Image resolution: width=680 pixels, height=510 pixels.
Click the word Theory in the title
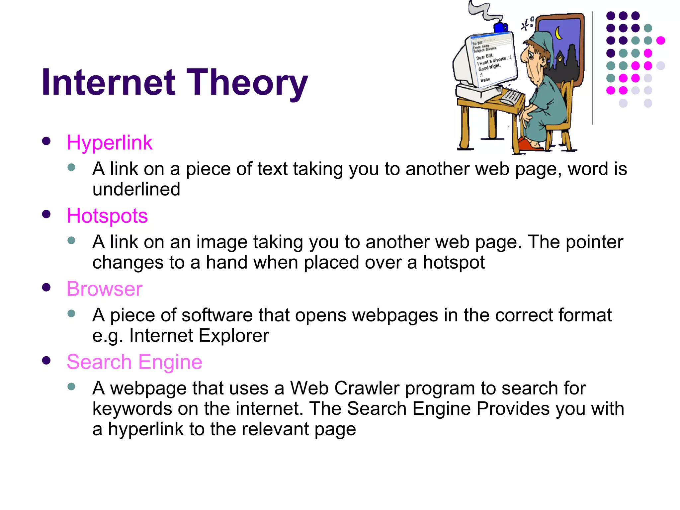pyautogui.click(x=247, y=82)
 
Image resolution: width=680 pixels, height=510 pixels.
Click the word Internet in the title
pyautogui.click(x=108, y=82)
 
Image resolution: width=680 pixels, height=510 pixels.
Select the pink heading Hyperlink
pyautogui.click(x=109, y=143)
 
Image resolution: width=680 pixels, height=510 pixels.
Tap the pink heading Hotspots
pyautogui.click(x=107, y=216)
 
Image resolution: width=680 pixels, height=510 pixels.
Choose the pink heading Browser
pyautogui.click(x=104, y=289)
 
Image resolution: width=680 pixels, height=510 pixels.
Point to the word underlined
pyautogui.click(x=136, y=189)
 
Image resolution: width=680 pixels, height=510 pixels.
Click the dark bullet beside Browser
pyautogui.click(x=46, y=287)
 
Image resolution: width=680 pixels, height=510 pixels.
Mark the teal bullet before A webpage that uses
pyautogui.click(x=71, y=386)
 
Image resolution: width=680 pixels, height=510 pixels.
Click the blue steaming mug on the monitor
pyautogui.click(x=500, y=27)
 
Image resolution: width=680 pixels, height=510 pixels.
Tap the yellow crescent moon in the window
pyautogui.click(x=559, y=33)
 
